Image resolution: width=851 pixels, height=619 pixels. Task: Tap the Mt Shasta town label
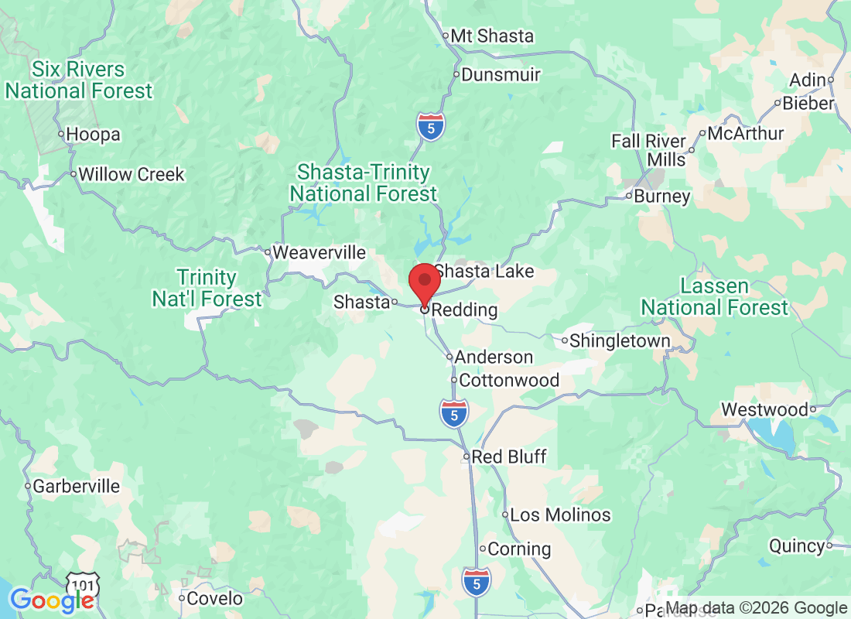[x=492, y=36]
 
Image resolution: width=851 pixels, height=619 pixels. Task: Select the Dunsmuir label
[x=501, y=75]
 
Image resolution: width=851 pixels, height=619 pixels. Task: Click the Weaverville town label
[x=319, y=252]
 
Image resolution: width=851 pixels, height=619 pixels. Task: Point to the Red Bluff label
[x=509, y=457]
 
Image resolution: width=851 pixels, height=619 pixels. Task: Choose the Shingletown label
[x=620, y=340]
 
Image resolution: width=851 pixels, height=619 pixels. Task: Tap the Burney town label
[x=661, y=196]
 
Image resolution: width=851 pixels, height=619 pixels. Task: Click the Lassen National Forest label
[x=714, y=297]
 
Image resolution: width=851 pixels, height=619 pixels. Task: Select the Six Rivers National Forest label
[x=79, y=80]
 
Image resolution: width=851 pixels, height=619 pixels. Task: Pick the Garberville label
[x=76, y=487]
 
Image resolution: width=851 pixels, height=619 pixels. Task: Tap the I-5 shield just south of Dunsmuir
[x=430, y=126]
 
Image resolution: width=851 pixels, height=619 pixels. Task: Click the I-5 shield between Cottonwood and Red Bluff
[x=454, y=413]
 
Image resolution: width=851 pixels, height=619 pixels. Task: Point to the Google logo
[x=53, y=600]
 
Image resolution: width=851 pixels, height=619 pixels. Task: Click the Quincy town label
[x=797, y=546]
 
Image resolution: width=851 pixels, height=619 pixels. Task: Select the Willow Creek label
[x=131, y=174]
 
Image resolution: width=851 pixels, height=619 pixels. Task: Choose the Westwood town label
[x=764, y=409]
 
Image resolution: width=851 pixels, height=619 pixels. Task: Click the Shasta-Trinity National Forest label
[x=364, y=183]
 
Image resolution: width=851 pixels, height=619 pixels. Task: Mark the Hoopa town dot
[x=62, y=135]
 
